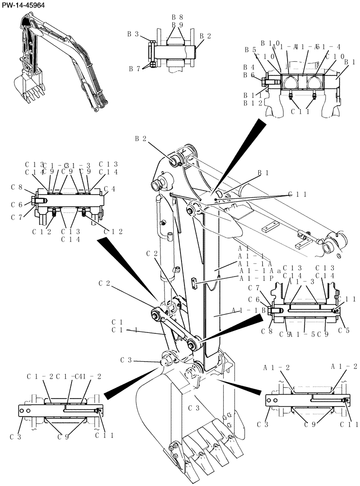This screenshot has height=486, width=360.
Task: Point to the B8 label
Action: pos(177,17)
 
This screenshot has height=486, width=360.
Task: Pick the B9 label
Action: pos(177,25)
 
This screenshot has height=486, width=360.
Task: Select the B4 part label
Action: pos(250,67)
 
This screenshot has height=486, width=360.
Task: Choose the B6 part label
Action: pos(250,75)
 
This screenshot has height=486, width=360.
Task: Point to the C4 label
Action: pos(109,188)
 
